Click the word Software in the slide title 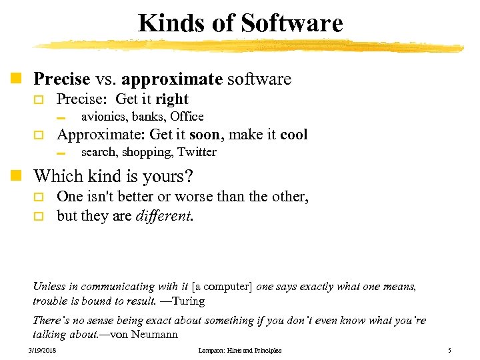(x=292, y=24)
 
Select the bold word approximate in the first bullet (x=171, y=79)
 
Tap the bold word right (x=172, y=100)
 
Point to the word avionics (x=103, y=117)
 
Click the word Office (x=187, y=117)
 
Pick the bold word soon (x=205, y=135)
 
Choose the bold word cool (x=294, y=135)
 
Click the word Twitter (x=197, y=152)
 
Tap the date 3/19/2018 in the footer (x=42, y=351)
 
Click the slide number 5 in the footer (x=450, y=351)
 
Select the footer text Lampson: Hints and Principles (x=240, y=351)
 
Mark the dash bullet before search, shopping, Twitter (x=62, y=153)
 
